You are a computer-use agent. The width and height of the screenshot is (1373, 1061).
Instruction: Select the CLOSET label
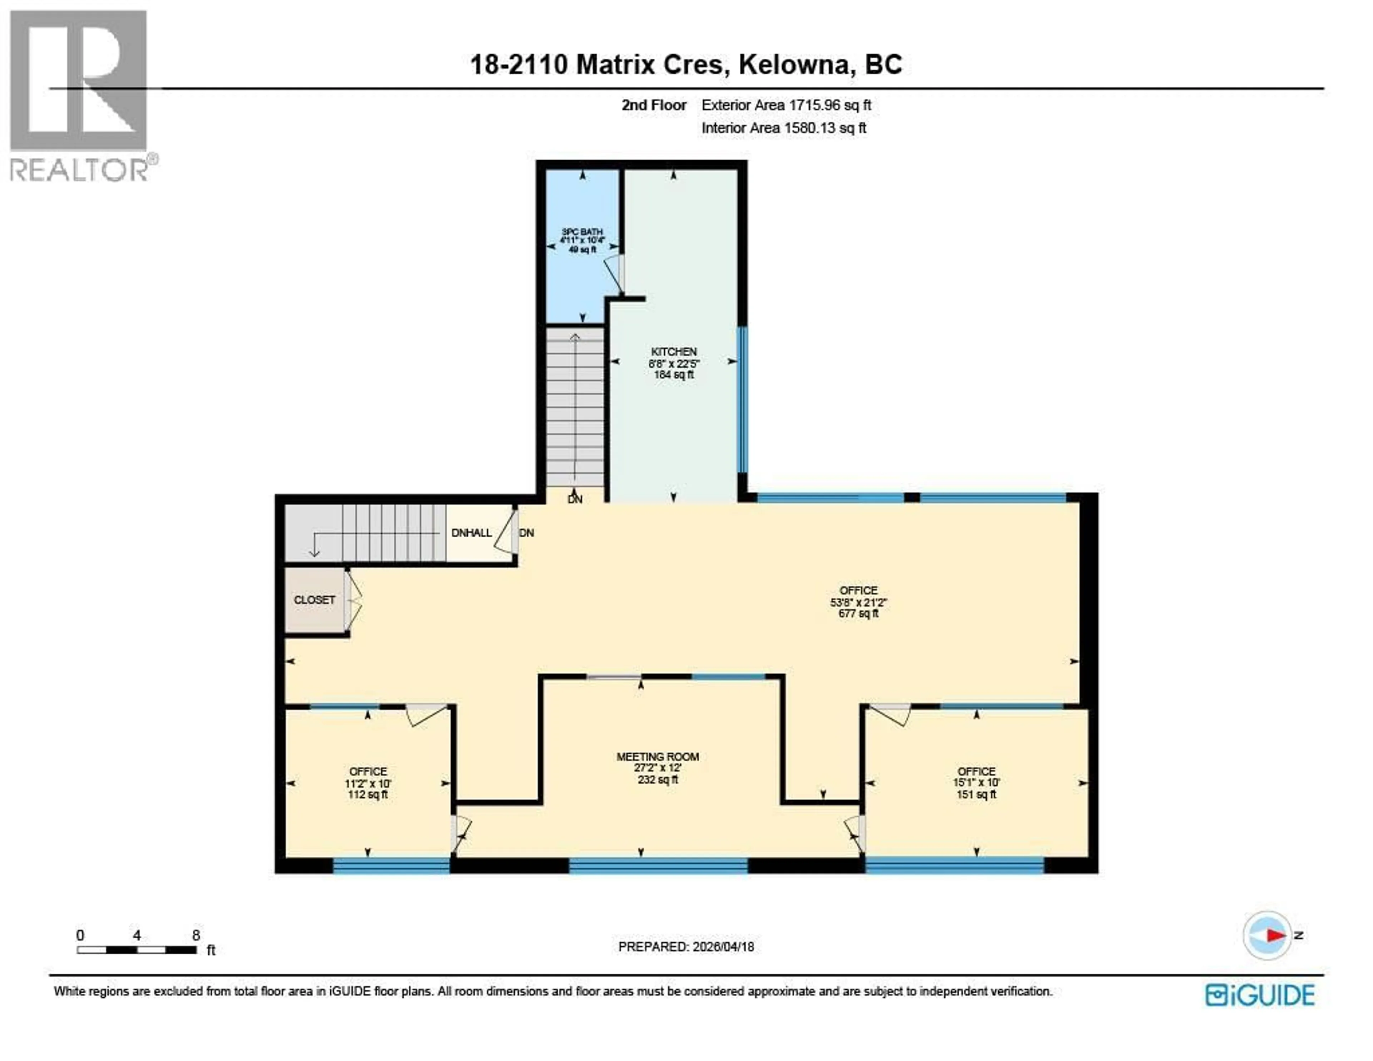pyautogui.click(x=314, y=600)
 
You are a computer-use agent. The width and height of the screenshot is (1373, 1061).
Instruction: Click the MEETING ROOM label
pyautogui.click(x=658, y=757)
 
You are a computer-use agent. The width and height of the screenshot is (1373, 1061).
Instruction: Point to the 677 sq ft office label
pyautogui.click(x=858, y=602)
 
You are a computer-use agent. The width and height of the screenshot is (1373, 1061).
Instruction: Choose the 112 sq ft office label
pyautogui.click(x=368, y=783)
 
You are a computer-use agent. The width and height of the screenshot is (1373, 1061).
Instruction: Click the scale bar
pyautogui.click(x=137, y=950)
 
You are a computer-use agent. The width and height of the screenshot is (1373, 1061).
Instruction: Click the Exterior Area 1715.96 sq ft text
pyautogui.click(x=786, y=106)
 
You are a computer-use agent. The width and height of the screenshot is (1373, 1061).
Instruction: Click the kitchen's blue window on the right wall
pyautogui.click(x=742, y=399)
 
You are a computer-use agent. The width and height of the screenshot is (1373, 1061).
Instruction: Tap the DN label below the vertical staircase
pyautogui.click(x=575, y=499)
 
